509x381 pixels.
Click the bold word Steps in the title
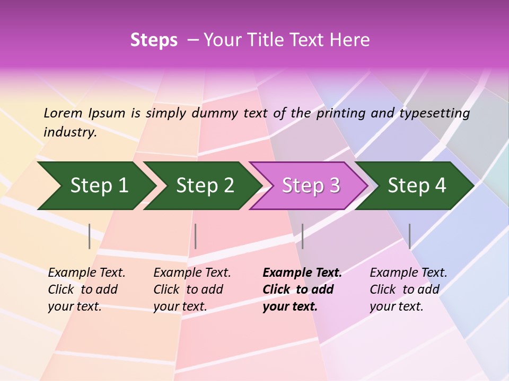154,40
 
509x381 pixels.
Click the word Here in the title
350,40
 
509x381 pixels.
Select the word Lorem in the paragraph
63,113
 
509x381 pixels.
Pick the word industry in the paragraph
70,132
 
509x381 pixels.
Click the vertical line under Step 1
90,236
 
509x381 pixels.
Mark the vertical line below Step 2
196,236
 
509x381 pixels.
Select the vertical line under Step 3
302,236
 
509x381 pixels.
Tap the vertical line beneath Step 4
409,236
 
